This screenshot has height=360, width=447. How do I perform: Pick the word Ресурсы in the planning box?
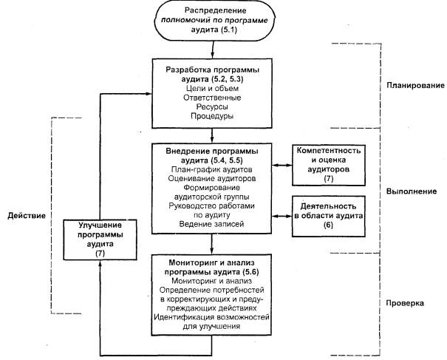[x=212, y=106]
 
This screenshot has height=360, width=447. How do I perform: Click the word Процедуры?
[x=212, y=117]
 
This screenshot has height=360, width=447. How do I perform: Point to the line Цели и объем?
[x=212, y=86]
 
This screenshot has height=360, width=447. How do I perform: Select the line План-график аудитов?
[x=212, y=171]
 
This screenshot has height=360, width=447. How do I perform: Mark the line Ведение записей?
[x=212, y=223]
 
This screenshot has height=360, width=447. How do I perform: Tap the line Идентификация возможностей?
[x=212, y=316]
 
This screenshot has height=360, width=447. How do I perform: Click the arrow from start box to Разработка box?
[x=212, y=49]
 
